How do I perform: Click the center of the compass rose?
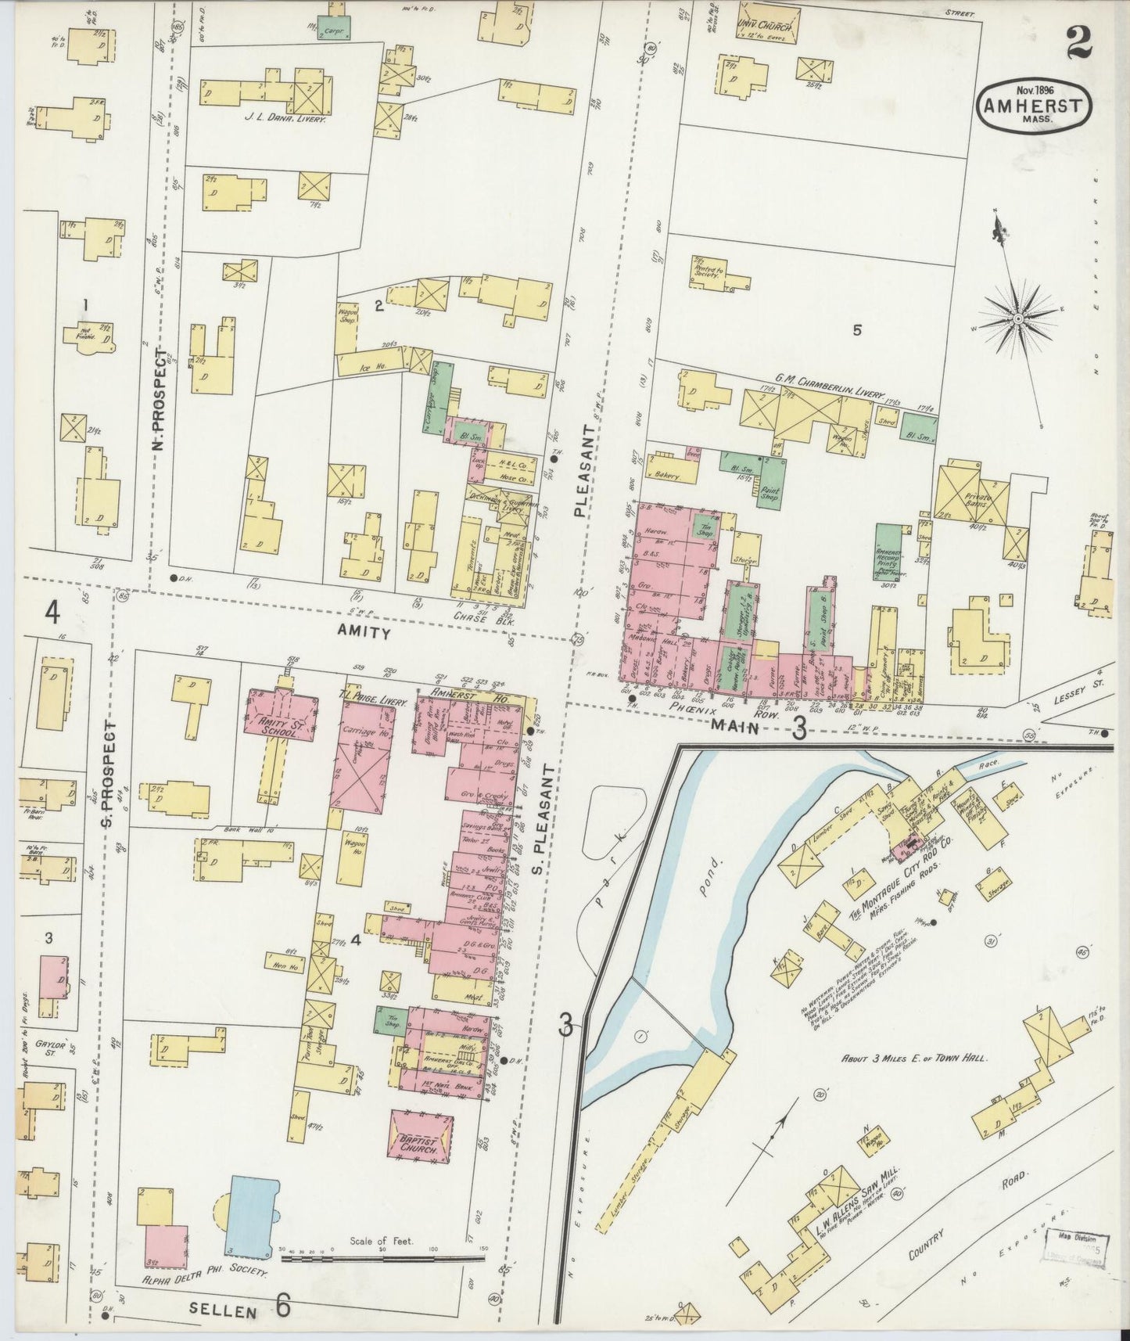point(1019,319)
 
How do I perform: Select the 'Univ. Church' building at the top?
point(767,27)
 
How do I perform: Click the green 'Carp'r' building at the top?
point(333,27)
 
